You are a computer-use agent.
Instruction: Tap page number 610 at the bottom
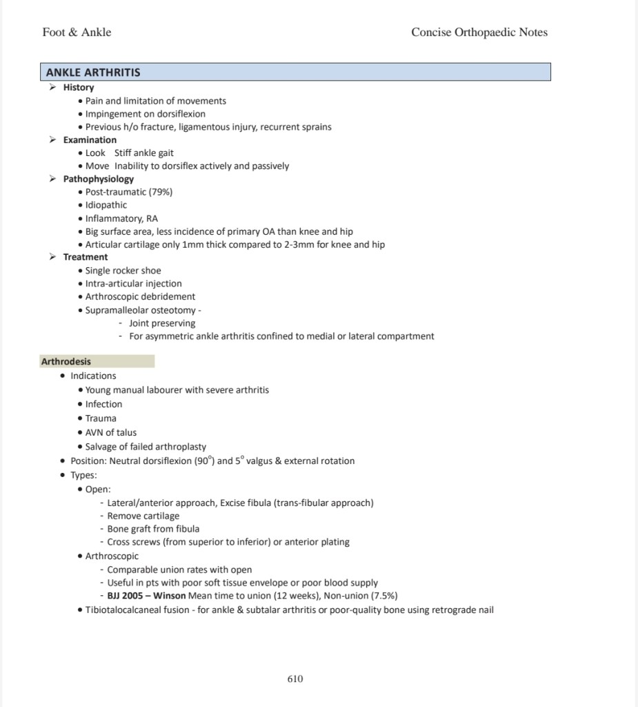point(295,679)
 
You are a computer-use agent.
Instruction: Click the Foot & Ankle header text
point(77,32)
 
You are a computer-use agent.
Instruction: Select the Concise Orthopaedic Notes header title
point(479,32)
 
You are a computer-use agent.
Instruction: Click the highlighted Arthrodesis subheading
point(66,361)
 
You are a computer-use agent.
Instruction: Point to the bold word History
point(79,88)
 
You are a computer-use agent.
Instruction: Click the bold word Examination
point(90,140)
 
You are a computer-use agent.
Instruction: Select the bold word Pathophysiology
point(99,179)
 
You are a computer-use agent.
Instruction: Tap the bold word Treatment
point(86,257)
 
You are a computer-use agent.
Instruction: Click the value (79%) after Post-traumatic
point(160,192)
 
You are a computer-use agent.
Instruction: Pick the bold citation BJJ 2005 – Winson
point(146,596)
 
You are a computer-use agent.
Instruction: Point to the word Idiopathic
point(106,205)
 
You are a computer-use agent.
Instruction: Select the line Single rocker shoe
point(123,271)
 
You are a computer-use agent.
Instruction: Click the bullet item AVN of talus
point(111,432)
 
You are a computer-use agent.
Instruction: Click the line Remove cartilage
point(143,516)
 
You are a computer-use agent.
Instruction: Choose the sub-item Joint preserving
point(162,323)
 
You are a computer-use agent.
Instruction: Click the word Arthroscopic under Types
point(112,556)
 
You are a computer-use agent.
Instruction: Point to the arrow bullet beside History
point(52,88)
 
